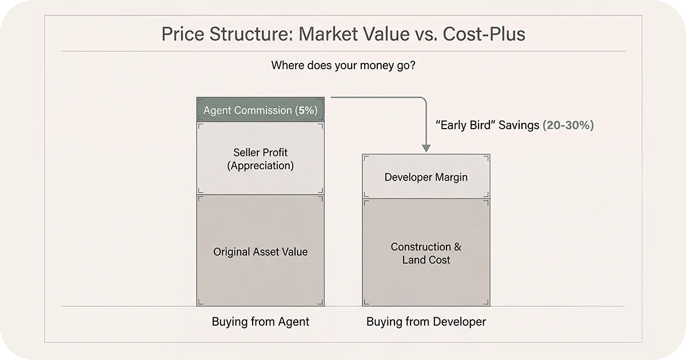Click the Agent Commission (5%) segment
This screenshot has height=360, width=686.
point(260,110)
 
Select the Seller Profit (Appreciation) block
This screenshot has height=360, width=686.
point(260,159)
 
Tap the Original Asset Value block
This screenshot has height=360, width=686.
point(260,251)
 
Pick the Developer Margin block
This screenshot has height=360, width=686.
point(426,177)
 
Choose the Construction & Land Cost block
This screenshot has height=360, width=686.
point(426,253)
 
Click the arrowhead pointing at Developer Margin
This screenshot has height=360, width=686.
point(426,148)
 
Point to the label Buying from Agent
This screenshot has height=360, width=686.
point(260,322)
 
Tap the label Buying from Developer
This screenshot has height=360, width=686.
point(426,322)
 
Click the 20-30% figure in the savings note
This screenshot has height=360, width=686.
point(568,125)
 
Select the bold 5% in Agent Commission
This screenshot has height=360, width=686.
point(306,110)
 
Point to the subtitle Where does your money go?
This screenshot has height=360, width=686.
point(343,65)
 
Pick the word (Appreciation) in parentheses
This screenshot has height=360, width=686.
point(260,166)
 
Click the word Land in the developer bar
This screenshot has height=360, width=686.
point(413,260)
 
